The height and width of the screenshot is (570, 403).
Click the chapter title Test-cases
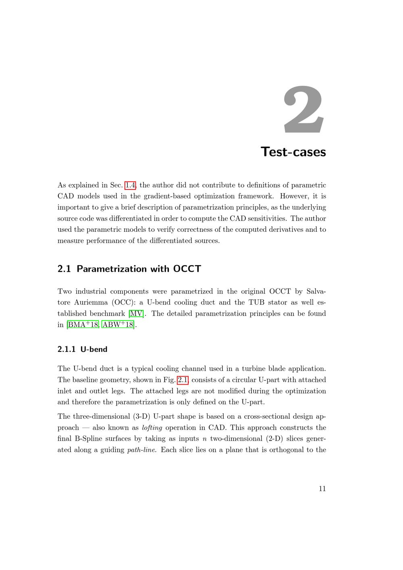coord(293,152)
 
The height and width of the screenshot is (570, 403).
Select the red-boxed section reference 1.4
coord(131,185)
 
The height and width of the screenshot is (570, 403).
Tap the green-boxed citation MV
coord(136,314)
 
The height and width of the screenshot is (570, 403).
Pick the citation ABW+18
coord(118,325)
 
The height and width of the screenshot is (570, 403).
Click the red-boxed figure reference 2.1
coord(183,380)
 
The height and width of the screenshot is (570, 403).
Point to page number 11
coord(322,489)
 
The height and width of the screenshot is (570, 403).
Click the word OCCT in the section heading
coord(187,269)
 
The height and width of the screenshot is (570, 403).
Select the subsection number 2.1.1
coord(66,349)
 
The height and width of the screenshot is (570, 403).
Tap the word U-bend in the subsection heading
coord(94,349)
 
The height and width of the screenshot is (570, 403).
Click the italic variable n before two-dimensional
coord(204,439)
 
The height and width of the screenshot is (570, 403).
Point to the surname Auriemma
coord(91,302)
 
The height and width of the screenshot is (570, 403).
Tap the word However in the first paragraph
coord(294,196)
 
